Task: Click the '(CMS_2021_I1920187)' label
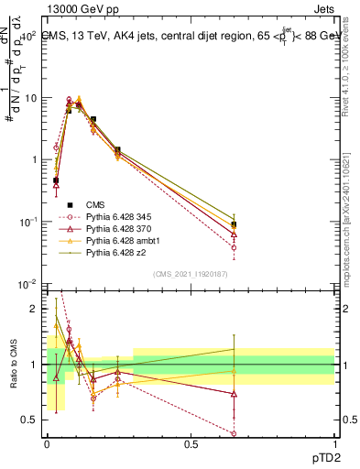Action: click(x=190, y=274)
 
